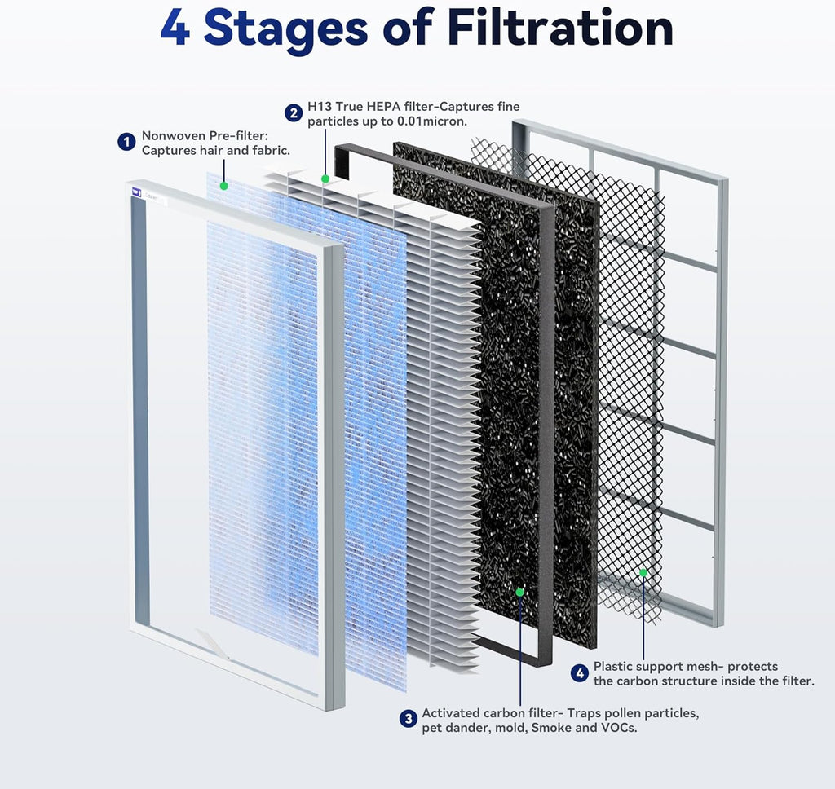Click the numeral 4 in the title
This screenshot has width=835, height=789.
175,29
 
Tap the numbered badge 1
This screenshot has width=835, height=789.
126,143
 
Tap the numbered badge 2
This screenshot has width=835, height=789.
292,113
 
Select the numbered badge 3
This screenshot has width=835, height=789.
408,719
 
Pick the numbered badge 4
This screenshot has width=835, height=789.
579,673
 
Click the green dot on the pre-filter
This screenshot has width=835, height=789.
223,186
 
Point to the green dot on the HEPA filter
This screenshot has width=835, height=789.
325,178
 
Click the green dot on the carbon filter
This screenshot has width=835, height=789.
519,593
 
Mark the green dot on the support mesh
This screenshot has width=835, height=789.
643,573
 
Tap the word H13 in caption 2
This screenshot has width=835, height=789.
320,107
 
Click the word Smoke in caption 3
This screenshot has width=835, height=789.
551,728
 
